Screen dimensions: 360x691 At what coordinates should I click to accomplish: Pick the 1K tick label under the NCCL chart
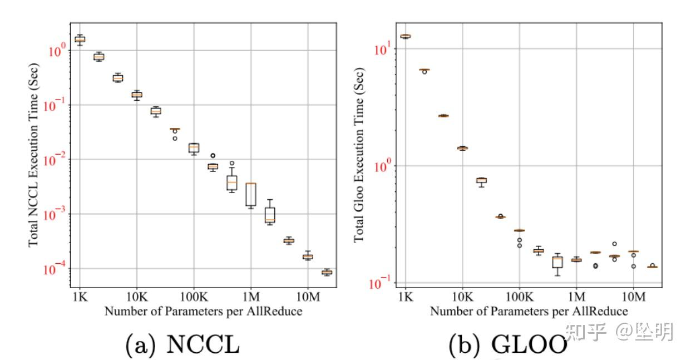click(x=80, y=295)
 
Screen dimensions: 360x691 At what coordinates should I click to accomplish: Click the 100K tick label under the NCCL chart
click(x=194, y=295)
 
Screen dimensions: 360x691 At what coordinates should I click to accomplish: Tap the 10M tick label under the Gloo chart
click(x=633, y=295)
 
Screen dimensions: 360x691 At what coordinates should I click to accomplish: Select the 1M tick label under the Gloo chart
click(x=576, y=295)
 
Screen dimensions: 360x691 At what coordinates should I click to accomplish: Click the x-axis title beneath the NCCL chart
click(x=203, y=312)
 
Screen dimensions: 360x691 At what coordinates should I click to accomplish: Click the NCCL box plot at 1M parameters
click(x=251, y=194)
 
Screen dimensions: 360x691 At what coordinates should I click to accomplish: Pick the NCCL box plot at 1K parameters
click(x=80, y=40)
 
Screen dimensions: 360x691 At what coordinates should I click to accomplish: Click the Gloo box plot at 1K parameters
click(x=406, y=36)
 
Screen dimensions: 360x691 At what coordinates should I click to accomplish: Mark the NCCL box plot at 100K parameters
click(x=194, y=147)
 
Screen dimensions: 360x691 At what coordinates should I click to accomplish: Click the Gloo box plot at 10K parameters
click(x=462, y=148)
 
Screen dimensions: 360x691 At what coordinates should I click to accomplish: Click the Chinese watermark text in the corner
click(x=619, y=332)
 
